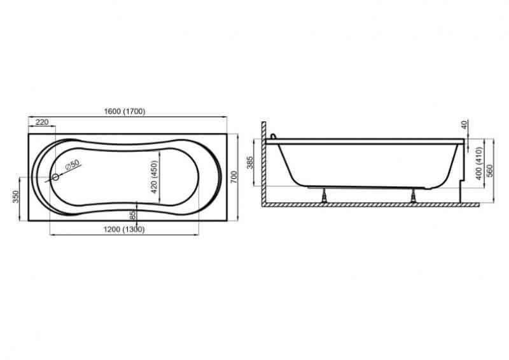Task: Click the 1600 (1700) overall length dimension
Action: (124, 111)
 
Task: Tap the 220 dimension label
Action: (42, 122)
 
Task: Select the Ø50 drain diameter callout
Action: (72, 165)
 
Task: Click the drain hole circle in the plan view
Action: (55, 177)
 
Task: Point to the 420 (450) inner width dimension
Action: (154, 177)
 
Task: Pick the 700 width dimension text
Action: (234, 177)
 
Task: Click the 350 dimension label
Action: (15, 197)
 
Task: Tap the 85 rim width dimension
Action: (132, 215)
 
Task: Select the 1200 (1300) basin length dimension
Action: (124, 230)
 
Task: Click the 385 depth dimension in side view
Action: (249, 163)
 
